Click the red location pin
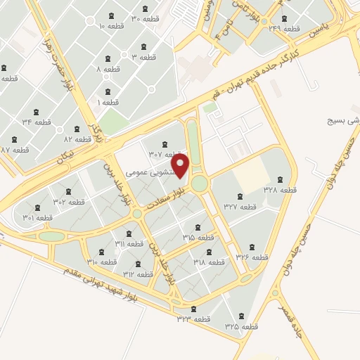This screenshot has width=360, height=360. pyautogui.click(x=181, y=167)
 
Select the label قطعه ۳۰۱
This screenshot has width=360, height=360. pyautogui.click(x=38, y=218)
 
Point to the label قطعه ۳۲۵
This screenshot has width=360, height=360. pyautogui.click(x=242, y=327)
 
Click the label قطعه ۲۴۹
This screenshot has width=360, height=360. pyautogui.click(x=284, y=29)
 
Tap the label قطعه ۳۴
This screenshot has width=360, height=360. pyautogui.click(x=37, y=122)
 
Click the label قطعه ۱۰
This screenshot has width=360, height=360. pyautogui.click(x=111, y=26)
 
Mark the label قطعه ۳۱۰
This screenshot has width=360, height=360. pyautogui.click(x=102, y=262)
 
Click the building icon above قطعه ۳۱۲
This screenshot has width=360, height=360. pyautogui.click(x=138, y=264)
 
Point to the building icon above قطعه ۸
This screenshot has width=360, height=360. pyautogui.click(x=108, y=58)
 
